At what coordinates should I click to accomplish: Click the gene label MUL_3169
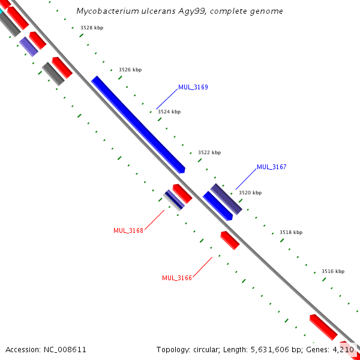[x=193, y=87]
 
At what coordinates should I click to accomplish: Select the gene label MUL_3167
[x=271, y=167]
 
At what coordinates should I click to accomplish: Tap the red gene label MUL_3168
[x=128, y=230]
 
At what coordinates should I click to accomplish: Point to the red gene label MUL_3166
[x=177, y=278]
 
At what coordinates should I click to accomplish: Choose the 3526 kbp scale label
[x=130, y=70]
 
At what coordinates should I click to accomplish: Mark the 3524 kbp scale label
[x=169, y=112]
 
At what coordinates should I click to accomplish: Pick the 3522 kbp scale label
[x=209, y=152]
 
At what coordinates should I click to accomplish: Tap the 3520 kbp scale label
[x=250, y=193]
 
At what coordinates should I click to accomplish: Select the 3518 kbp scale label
[x=291, y=232]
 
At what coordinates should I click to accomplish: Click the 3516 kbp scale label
[x=333, y=271]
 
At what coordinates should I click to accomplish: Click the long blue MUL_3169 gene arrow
[x=137, y=124]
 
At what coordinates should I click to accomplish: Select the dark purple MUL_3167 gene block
[x=226, y=199]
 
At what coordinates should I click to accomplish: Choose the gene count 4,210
[x=343, y=349]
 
